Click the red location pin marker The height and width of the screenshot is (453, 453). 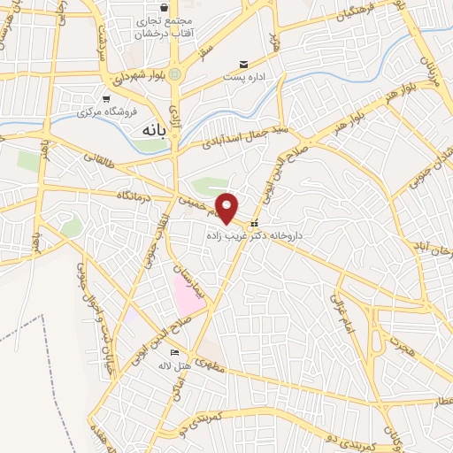tap(228, 209)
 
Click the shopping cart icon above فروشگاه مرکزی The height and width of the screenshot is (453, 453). tap(107, 98)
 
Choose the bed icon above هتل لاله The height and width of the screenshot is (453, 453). tap(173, 352)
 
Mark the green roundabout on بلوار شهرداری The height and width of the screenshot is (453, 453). tap(174, 74)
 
